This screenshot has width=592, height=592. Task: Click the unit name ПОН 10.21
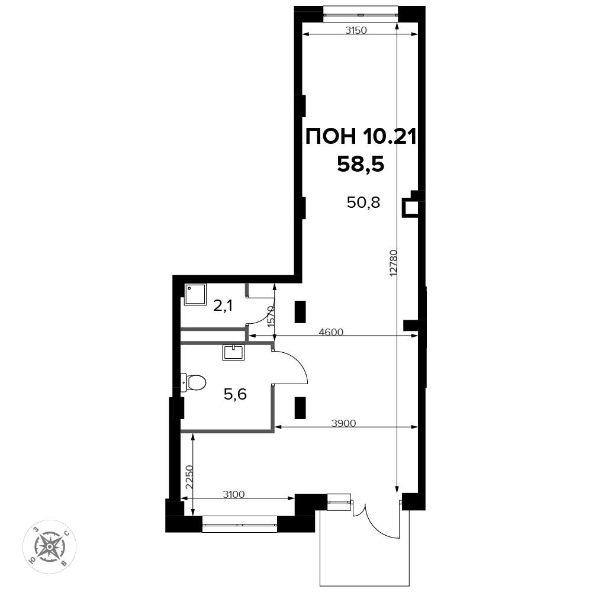pyautogui.click(x=361, y=136)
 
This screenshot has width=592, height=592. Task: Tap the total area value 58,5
pyautogui.click(x=361, y=164)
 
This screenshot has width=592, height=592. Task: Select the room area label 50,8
pyautogui.click(x=363, y=202)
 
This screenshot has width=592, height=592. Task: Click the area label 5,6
pyautogui.click(x=235, y=394)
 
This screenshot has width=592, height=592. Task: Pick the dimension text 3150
pyautogui.click(x=356, y=30)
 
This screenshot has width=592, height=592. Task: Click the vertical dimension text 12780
pyautogui.click(x=393, y=263)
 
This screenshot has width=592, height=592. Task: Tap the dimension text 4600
pyautogui.click(x=331, y=332)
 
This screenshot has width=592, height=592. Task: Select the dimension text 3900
pyautogui.click(x=343, y=423)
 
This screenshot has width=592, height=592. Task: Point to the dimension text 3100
pyautogui.click(x=234, y=494)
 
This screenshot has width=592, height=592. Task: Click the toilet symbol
pyautogui.click(x=193, y=382)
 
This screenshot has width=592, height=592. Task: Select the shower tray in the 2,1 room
pyautogui.click(x=195, y=295)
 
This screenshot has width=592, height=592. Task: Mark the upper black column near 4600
pyautogui.click(x=300, y=311)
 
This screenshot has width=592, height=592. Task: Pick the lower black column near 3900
pyautogui.click(x=300, y=408)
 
